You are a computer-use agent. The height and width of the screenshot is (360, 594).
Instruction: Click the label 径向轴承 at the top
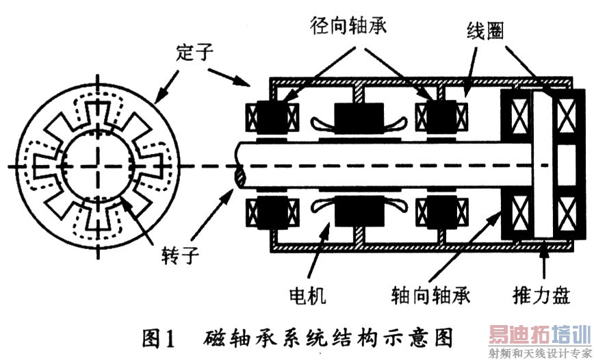click(348, 25)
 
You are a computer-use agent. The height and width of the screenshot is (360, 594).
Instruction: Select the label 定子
click(194, 53)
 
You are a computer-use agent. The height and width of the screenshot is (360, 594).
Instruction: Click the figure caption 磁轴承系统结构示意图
click(328, 338)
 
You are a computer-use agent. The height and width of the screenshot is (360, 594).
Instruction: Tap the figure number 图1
click(159, 338)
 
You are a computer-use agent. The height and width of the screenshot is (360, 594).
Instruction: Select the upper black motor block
click(359, 118)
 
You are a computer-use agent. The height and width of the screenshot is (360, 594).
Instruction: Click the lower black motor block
click(359, 212)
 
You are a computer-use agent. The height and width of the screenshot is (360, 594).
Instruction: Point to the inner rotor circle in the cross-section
click(98, 166)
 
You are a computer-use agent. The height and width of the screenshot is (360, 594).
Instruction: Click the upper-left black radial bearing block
click(272, 118)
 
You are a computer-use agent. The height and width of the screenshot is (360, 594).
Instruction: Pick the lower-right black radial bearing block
click(441, 213)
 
